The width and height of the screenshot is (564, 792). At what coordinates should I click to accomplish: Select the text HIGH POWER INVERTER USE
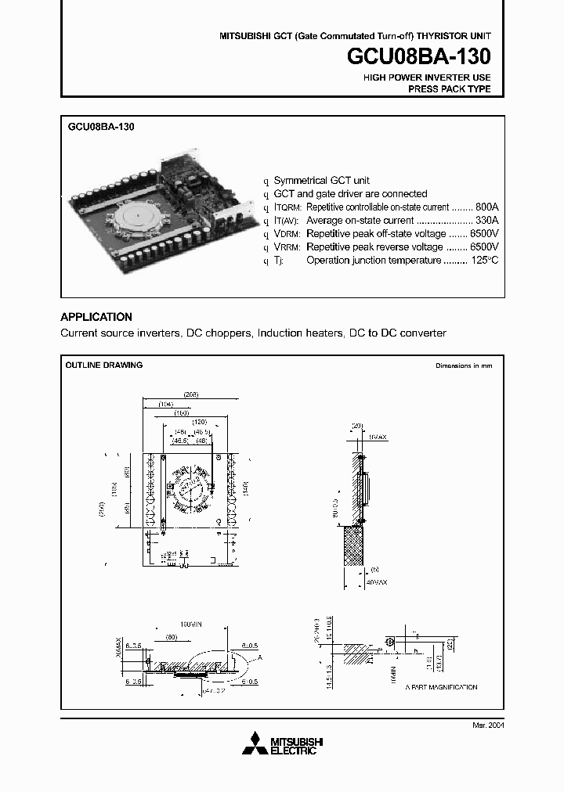[427, 77]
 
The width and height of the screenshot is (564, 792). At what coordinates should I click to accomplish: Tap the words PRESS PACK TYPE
[450, 89]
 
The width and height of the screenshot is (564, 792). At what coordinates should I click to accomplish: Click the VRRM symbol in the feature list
[287, 247]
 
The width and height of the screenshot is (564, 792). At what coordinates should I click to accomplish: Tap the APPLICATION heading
[96, 317]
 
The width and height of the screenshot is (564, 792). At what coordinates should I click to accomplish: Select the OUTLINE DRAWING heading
[103, 365]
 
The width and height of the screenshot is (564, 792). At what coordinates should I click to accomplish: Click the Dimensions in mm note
[464, 366]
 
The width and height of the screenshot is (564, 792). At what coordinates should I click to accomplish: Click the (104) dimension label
[166, 403]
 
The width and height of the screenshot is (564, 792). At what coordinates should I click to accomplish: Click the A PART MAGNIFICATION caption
[441, 686]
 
